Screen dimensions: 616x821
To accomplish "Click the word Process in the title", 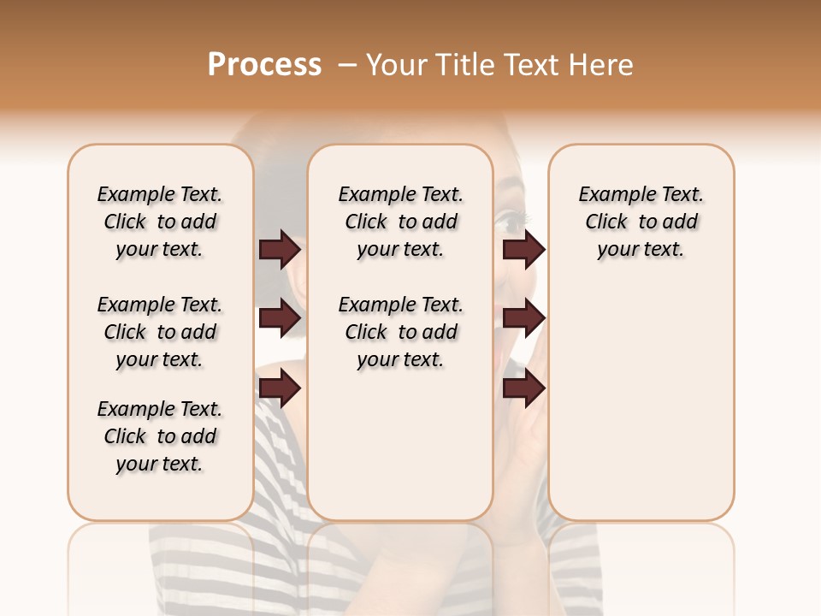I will [x=264, y=65].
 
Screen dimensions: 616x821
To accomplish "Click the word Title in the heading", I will [x=463, y=65].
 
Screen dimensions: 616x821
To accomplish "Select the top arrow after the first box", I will [x=280, y=249].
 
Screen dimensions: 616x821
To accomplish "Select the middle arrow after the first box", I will [x=280, y=318].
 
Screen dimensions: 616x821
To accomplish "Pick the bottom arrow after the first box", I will [x=280, y=388].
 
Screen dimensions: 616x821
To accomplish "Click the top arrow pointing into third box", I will [x=523, y=249].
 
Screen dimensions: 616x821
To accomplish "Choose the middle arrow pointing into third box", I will [x=523, y=318].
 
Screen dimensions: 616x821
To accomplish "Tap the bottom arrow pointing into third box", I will [x=523, y=388].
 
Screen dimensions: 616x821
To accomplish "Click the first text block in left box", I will [x=160, y=222].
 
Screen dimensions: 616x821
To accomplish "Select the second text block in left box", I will [x=160, y=332].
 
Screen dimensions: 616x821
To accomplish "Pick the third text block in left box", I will [x=160, y=436].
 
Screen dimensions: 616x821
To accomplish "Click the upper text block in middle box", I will [x=400, y=222].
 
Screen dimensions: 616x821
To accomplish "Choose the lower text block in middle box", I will [x=400, y=332].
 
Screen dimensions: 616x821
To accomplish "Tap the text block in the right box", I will [x=641, y=222].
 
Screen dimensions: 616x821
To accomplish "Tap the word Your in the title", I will [x=397, y=65].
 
